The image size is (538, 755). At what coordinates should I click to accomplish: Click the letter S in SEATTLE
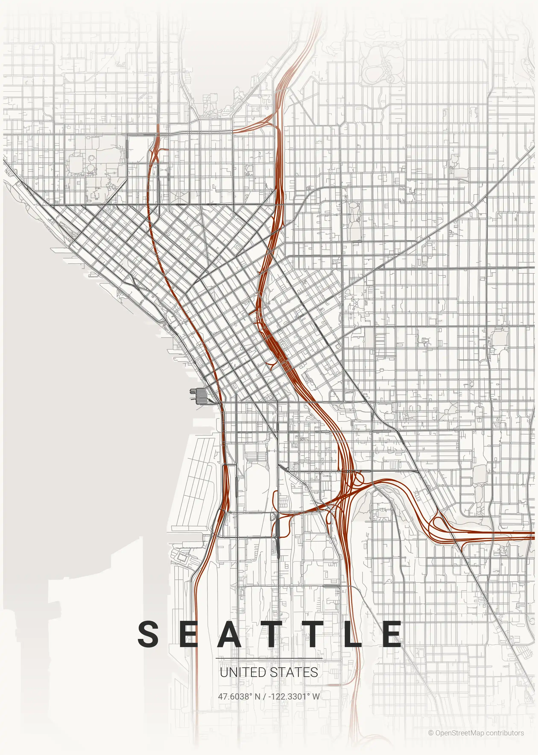click(x=148, y=634)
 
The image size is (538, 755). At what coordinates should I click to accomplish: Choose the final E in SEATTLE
click(x=392, y=634)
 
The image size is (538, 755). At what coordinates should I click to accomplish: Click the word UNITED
click(x=243, y=672)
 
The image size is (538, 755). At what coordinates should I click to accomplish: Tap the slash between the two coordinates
click(x=264, y=696)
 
